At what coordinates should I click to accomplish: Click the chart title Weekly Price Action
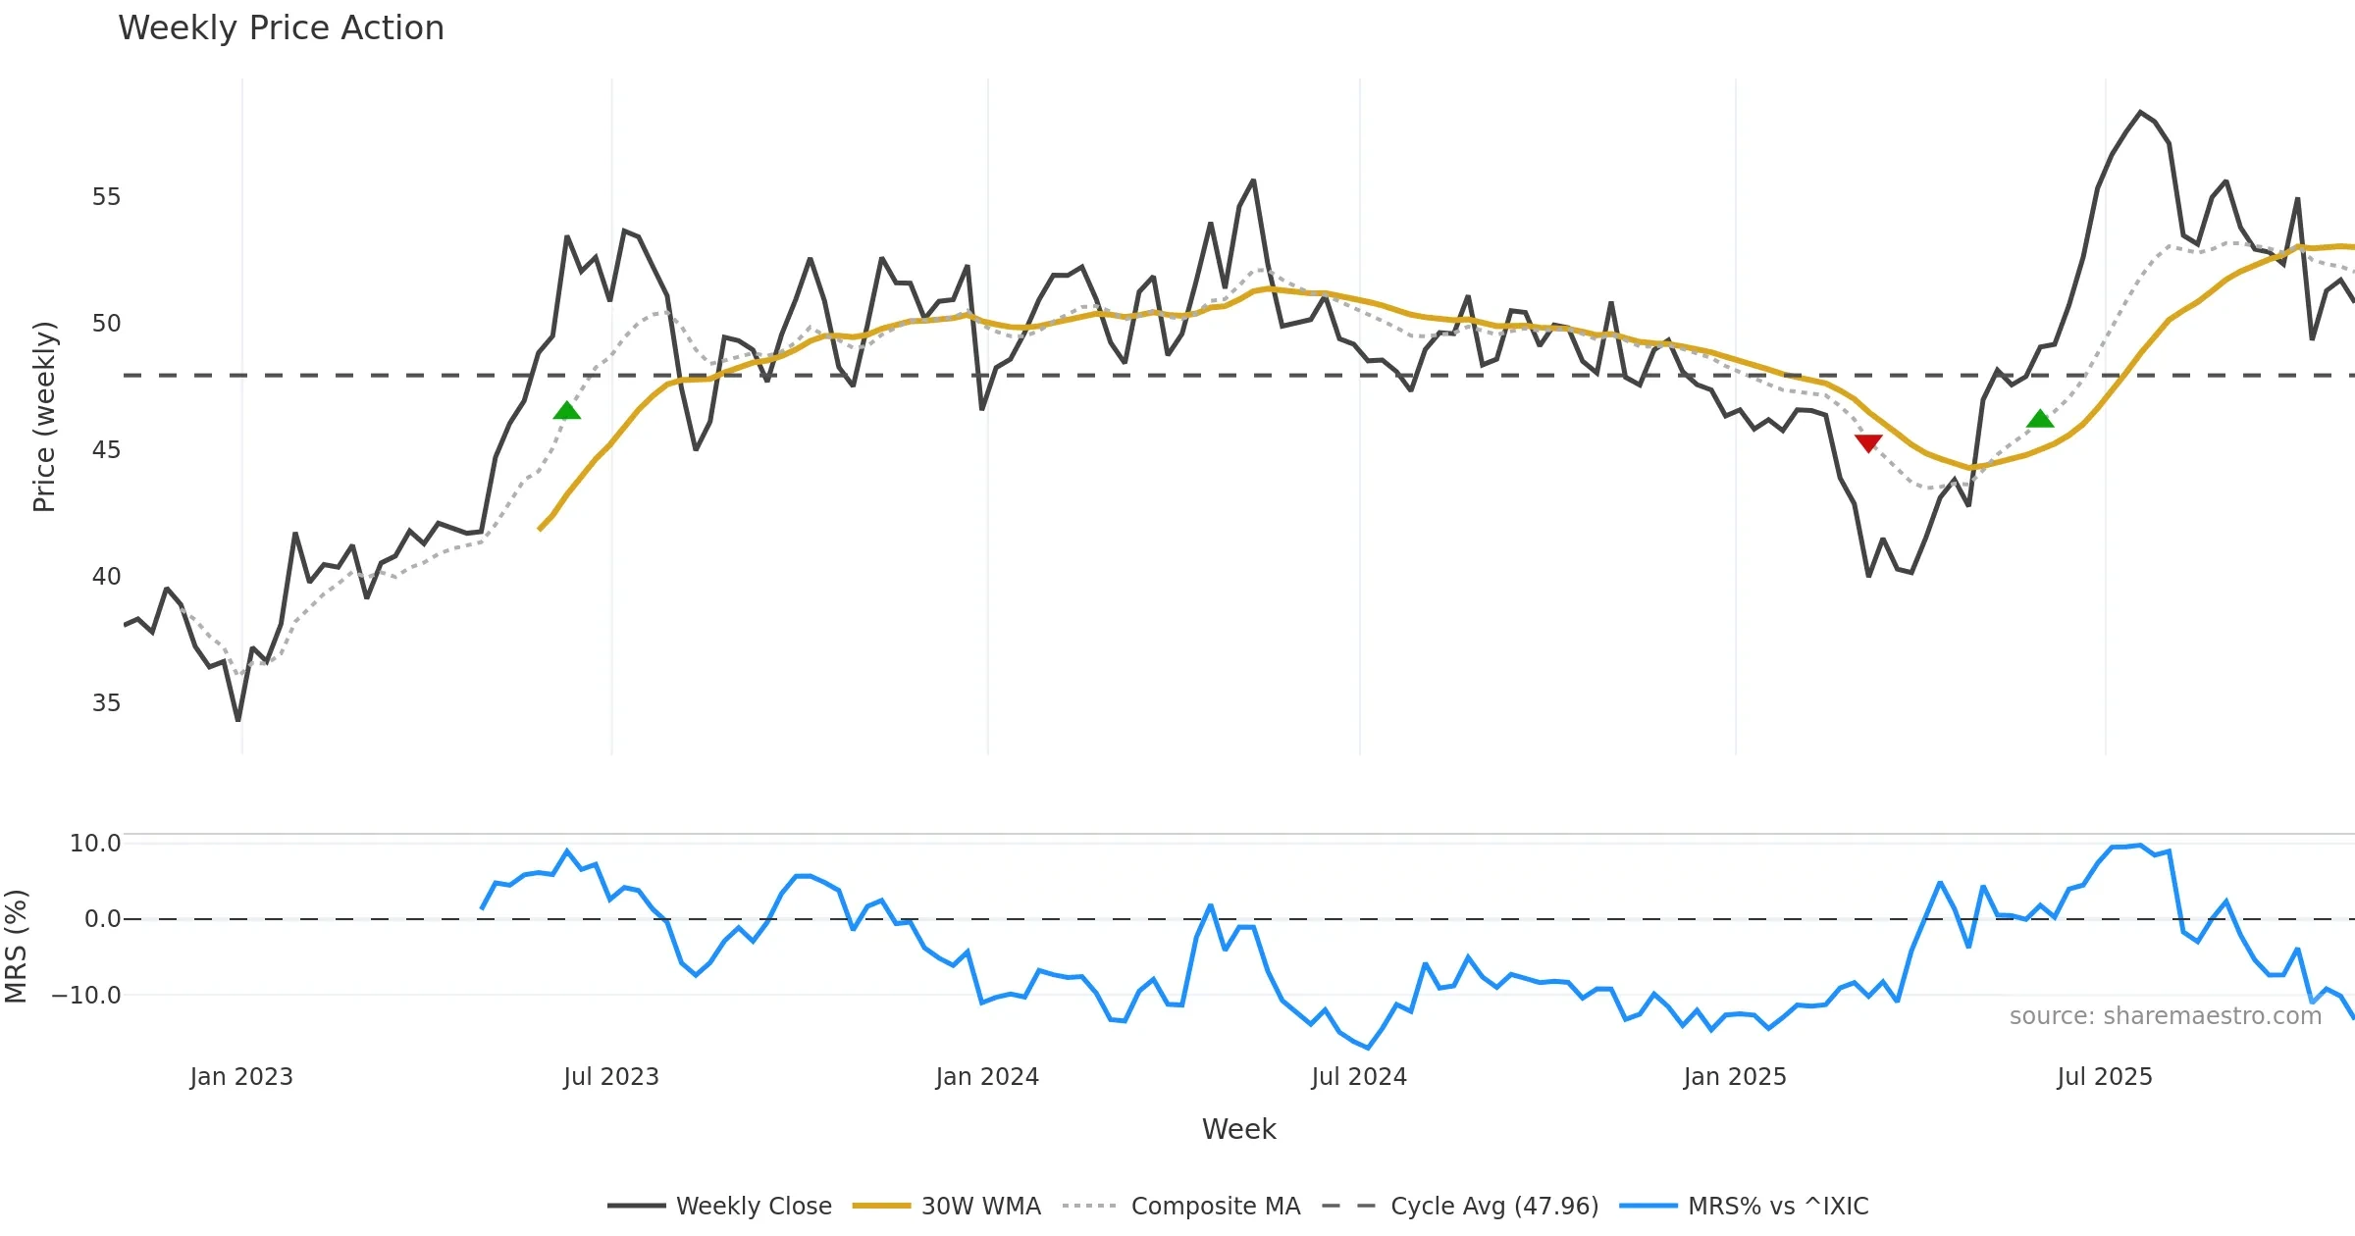(281, 28)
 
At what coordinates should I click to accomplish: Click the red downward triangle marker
(1868, 443)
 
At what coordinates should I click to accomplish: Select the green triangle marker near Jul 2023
(566, 411)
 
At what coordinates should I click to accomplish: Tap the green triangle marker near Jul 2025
(2040, 420)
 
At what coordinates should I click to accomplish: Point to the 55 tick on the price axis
(106, 197)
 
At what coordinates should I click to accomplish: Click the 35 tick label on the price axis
(106, 703)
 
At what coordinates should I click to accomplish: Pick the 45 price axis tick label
(106, 450)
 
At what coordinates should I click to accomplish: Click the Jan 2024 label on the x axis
(987, 1077)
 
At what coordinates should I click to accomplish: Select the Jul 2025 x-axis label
(2105, 1077)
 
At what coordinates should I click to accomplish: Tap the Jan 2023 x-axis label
(241, 1077)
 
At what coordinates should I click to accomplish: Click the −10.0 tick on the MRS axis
(86, 996)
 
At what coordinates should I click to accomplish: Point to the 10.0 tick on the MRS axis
(95, 844)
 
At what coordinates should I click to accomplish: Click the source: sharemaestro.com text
(2165, 1016)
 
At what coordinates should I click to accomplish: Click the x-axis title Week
(1238, 1130)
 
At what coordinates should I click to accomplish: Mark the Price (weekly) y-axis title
(44, 417)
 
